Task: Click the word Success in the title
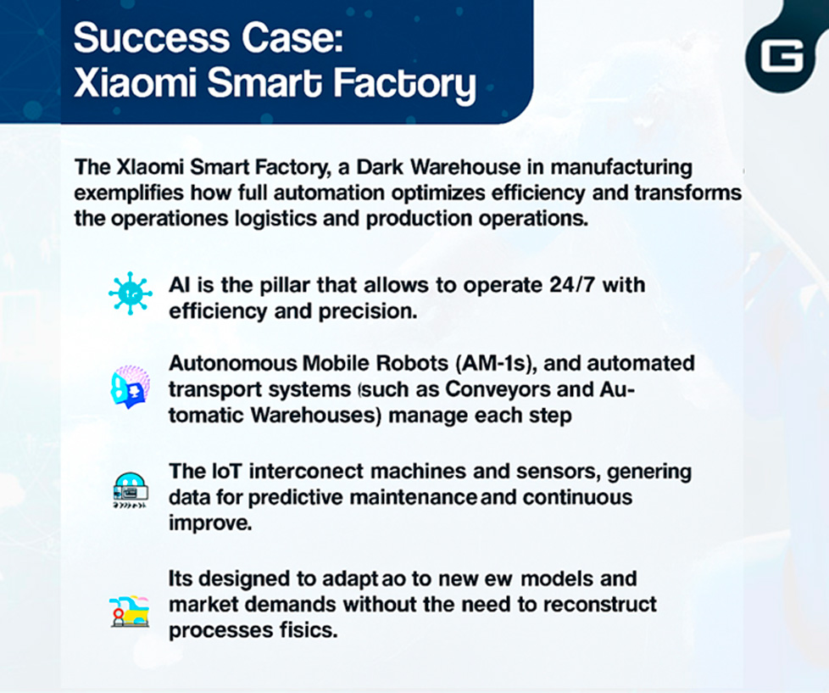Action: click(x=152, y=38)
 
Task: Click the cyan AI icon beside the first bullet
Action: click(x=130, y=293)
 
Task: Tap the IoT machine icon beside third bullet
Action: click(x=130, y=490)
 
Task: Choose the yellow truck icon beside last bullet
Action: click(x=130, y=612)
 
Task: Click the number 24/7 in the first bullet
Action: click(x=572, y=285)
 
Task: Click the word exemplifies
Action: click(x=129, y=193)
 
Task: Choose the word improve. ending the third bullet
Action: click(x=210, y=523)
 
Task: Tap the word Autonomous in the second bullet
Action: click(x=232, y=363)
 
